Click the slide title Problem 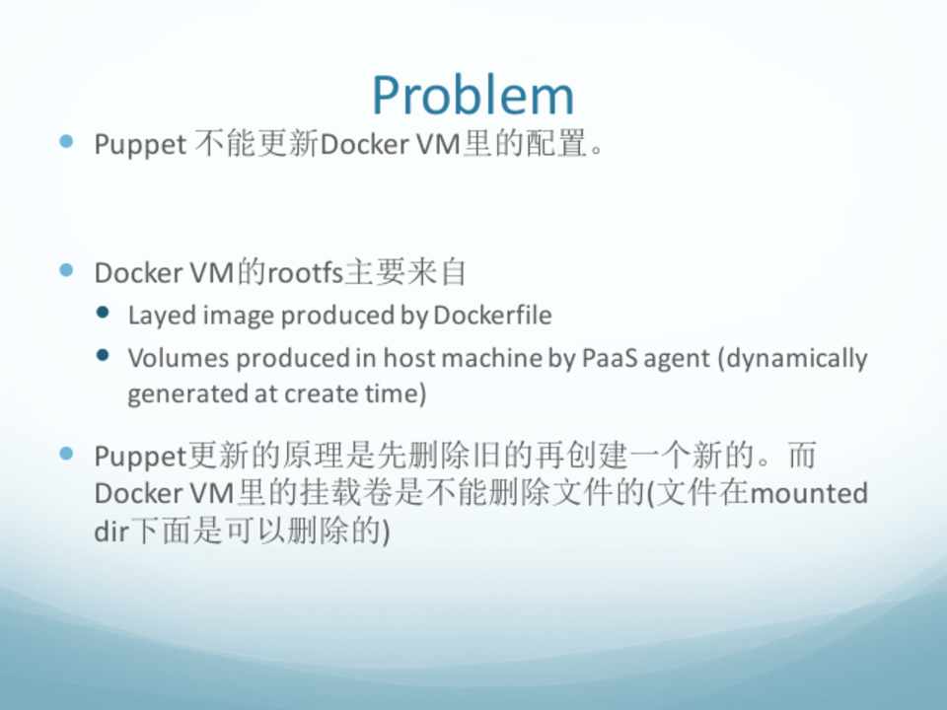[x=473, y=96]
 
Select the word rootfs [x=305, y=273]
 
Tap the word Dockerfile [x=492, y=316]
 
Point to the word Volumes [x=179, y=358]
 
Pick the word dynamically [x=792, y=359]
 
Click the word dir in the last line [x=111, y=532]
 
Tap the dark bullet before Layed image [x=103, y=313]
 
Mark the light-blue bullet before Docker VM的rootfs [x=66, y=270]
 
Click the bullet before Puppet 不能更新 [x=66, y=141]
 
